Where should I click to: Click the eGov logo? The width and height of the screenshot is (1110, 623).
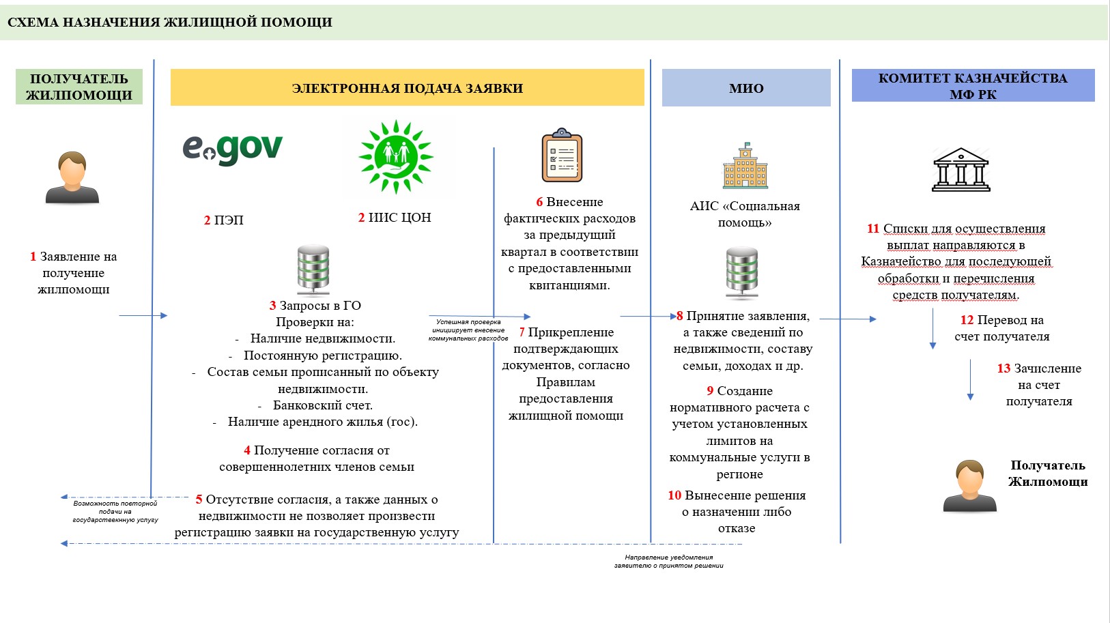(x=232, y=149)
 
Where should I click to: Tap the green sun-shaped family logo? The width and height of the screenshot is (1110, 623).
(x=396, y=157)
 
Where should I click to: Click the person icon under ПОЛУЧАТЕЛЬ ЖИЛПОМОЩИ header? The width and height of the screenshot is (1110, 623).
(x=72, y=177)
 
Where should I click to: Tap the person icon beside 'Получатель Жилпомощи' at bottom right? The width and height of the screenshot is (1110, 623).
(x=969, y=486)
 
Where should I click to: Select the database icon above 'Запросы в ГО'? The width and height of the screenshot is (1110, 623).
(x=313, y=270)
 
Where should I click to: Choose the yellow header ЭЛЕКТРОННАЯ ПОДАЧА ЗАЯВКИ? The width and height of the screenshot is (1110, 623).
(x=407, y=88)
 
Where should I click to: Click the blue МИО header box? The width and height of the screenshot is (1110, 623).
(x=746, y=88)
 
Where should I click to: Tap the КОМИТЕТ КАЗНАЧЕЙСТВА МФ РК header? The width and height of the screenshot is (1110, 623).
(x=973, y=86)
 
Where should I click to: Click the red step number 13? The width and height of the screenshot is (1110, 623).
(x=1004, y=368)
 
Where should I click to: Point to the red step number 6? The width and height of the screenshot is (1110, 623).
(x=539, y=202)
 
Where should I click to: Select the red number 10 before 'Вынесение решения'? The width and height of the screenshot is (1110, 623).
(x=674, y=495)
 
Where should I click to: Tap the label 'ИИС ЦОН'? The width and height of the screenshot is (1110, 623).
(x=399, y=218)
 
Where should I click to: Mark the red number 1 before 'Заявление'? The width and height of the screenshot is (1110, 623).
(x=33, y=257)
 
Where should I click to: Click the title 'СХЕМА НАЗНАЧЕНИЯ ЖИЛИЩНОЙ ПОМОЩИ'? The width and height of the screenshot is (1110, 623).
(x=170, y=23)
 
